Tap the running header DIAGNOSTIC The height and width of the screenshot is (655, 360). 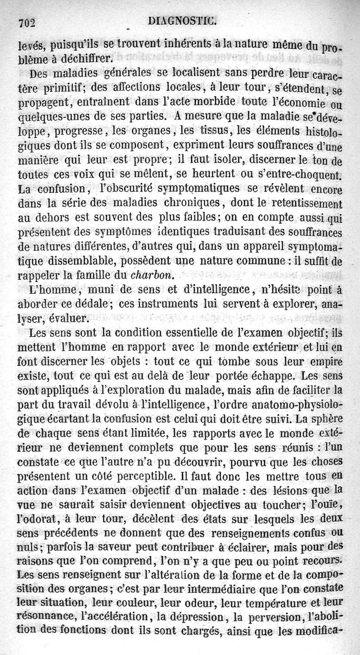(x=185, y=20)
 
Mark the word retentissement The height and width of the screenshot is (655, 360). (x=301, y=203)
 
